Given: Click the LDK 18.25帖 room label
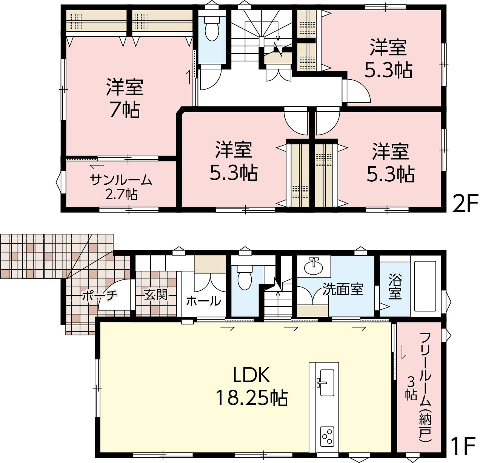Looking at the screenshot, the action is click(x=252, y=388).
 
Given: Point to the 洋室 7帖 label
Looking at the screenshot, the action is click(x=125, y=98).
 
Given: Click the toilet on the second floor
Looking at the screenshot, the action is click(x=212, y=29).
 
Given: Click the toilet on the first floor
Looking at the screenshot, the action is click(x=245, y=277).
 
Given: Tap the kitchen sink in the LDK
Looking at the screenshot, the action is click(x=325, y=383).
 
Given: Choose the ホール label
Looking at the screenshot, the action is click(x=203, y=301).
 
